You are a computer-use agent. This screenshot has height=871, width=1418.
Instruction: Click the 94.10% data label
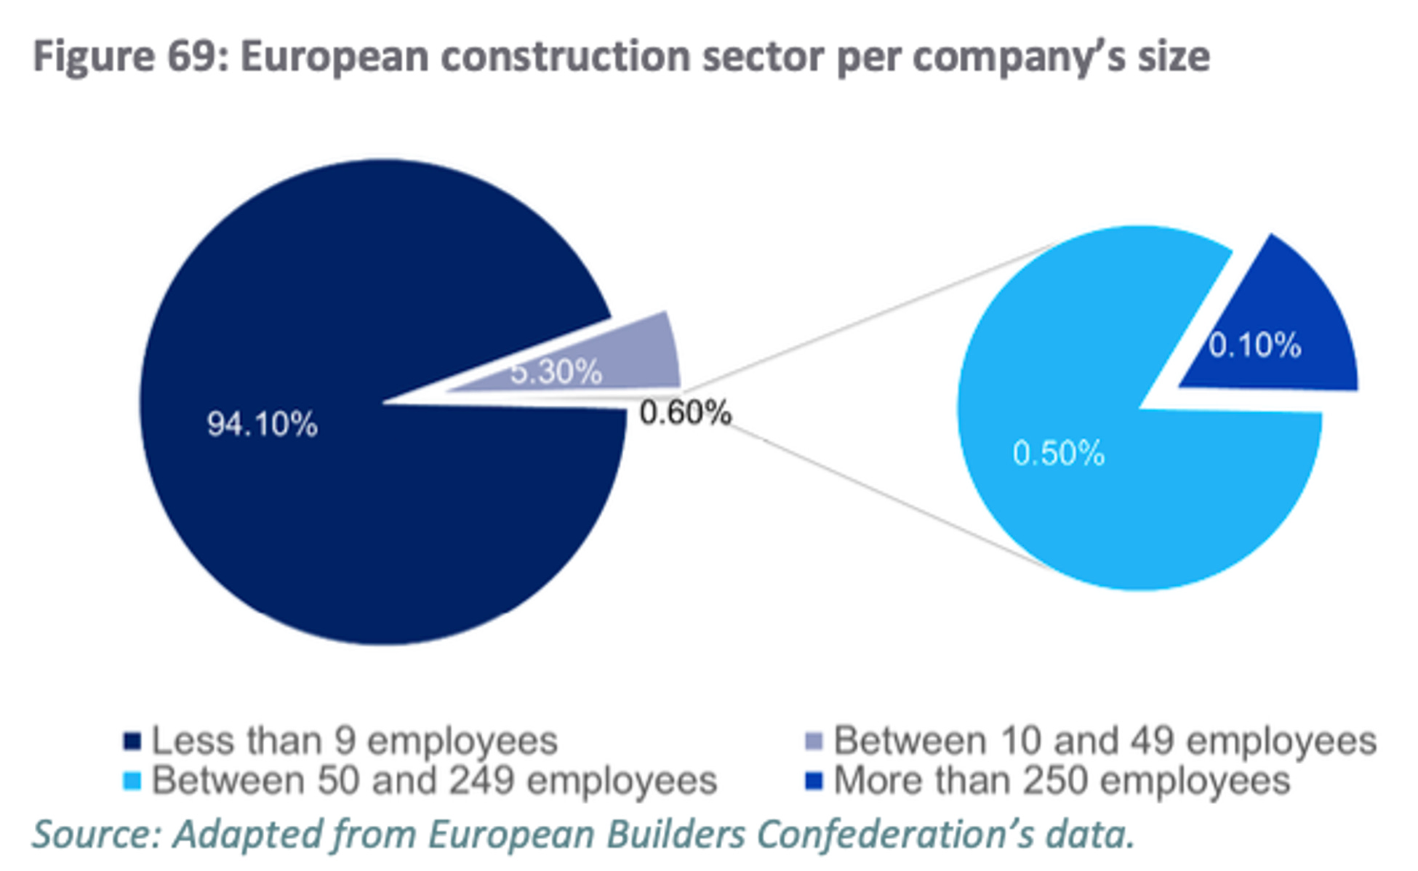(x=262, y=424)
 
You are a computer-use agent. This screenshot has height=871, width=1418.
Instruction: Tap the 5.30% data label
(x=556, y=372)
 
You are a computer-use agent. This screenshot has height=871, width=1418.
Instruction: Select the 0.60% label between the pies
(x=685, y=413)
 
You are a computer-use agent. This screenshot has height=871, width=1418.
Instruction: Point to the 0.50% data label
(x=1058, y=454)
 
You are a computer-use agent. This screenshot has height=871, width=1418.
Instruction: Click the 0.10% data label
(x=1254, y=345)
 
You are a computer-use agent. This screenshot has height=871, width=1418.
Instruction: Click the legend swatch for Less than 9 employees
(x=132, y=742)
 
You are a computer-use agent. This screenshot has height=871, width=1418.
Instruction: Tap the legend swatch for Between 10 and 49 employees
(x=814, y=742)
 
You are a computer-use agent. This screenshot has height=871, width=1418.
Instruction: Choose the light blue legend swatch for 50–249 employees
(x=132, y=782)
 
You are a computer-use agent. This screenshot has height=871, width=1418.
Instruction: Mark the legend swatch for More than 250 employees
(x=814, y=782)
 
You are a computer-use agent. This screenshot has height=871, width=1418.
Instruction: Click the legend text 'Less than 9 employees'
(x=354, y=741)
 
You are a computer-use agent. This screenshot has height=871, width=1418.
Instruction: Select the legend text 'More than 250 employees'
(x=1062, y=781)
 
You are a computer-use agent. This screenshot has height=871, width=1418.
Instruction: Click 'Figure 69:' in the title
(x=131, y=57)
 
